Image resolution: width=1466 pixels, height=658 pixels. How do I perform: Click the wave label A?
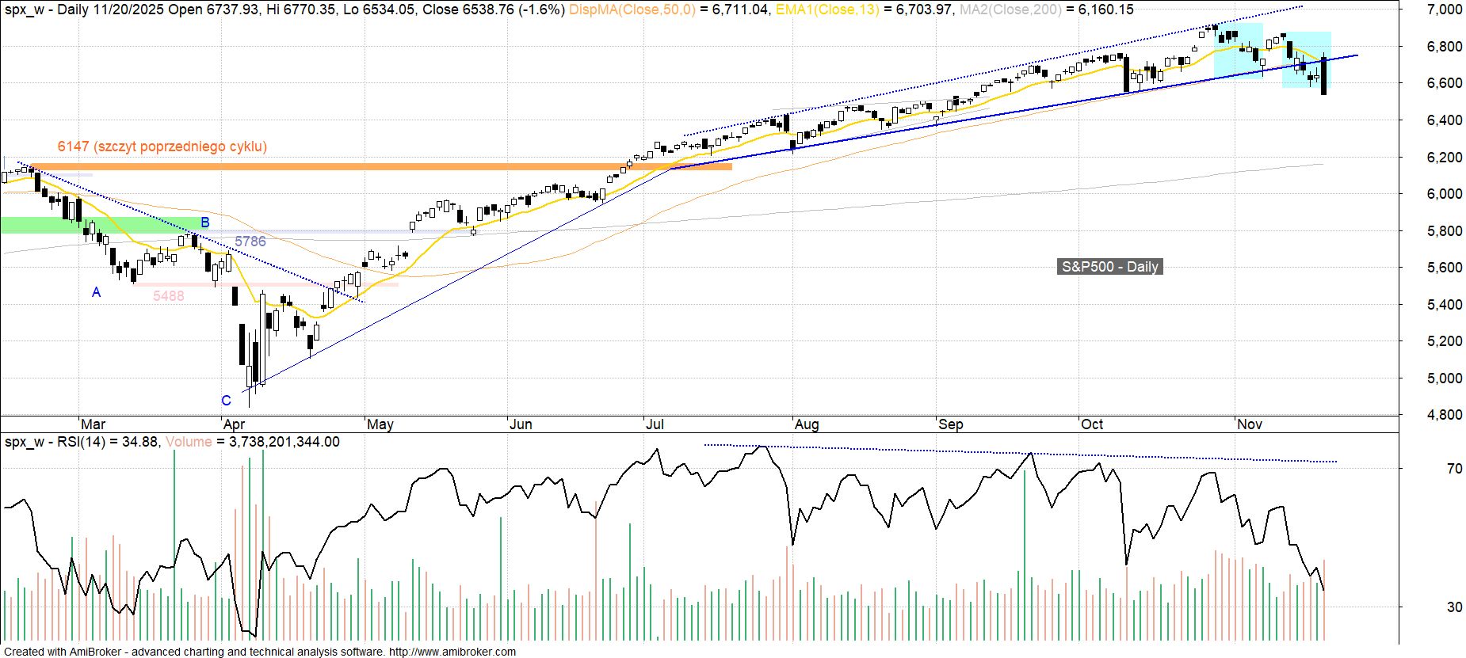[x=97, y=292]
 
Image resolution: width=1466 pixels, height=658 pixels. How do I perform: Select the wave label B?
[x=204, y=223]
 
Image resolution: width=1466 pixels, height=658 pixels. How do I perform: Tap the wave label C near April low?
[x=226, y=401]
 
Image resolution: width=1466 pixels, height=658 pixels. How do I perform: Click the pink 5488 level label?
[x=168, y=296]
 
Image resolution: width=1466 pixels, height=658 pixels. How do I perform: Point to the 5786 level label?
[x=250, y=242]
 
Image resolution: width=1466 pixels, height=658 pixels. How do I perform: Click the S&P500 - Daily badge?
[x=1110, y=267]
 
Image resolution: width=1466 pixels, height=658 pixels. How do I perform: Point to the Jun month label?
[x=521, y=424]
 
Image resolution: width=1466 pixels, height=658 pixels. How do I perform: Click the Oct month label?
[x=1092, y=424]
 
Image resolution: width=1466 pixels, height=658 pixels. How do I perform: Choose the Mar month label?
[x=93, y=424]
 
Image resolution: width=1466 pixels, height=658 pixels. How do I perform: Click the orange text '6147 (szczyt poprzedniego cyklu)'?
[x=162, y=146]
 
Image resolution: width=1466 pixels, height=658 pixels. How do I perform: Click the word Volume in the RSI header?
[x=188, y=442]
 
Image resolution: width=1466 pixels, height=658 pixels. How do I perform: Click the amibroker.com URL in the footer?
[x=452, y=652]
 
